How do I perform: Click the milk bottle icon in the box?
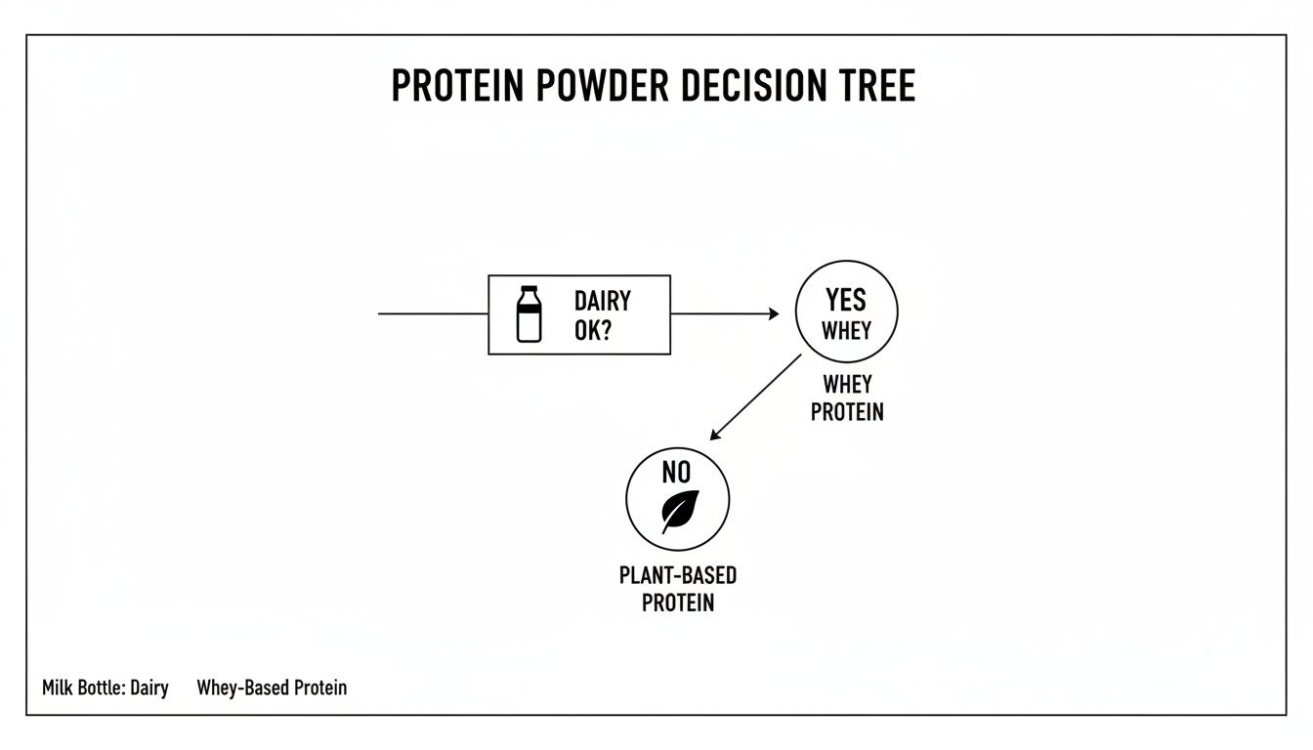click(529, 313)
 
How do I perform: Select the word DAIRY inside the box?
click(603, 301)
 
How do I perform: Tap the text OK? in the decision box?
click(593, 330)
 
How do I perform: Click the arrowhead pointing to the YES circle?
click(773, 313)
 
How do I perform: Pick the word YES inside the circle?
click(846, 299)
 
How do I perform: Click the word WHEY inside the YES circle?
click(846, 330)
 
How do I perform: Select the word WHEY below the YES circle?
click(846, 385)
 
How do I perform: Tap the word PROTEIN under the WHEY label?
click(847, 412)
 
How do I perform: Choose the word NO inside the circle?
click(676, 474)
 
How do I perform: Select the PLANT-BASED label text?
click(678, 575)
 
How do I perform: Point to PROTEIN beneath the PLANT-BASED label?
click(678, 603)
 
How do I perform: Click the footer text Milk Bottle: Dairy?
click(106, 688)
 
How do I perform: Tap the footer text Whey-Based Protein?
click(272, 688)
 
